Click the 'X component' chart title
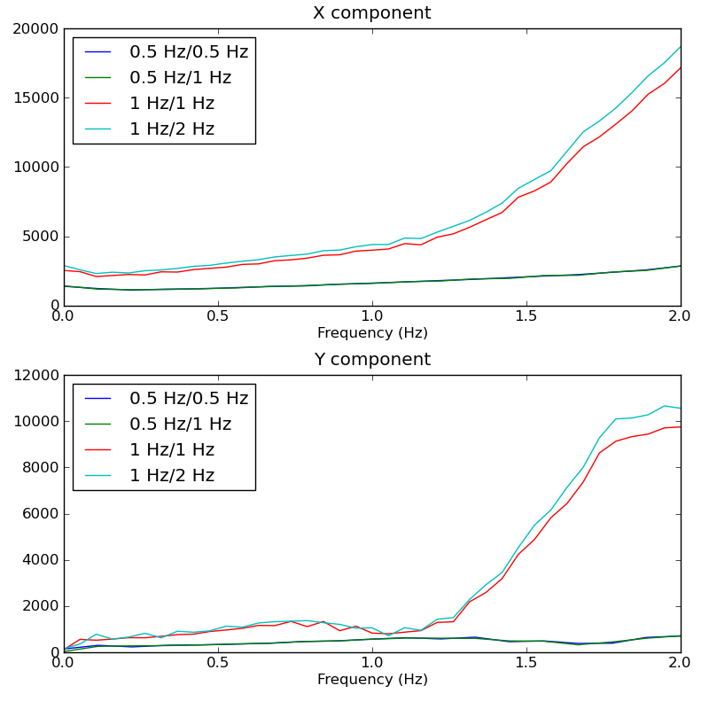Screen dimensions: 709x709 click(x=371, y=13)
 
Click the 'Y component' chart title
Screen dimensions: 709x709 click(x=371, y=360)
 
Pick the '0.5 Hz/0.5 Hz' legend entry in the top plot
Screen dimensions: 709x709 click(x=188, y=51)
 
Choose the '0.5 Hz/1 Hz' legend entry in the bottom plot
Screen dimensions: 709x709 click(x=180, y=424)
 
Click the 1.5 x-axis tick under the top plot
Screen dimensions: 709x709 click(x=526, y=316)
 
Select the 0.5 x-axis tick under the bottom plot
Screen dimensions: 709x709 click(x=217, y=663)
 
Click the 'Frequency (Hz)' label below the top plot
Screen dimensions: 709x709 click(x=371, y=333)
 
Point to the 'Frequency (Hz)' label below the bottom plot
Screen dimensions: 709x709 click(x=371, y=680)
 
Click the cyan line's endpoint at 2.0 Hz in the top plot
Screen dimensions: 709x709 click(x=681, y=46)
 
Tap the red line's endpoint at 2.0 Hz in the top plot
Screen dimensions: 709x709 click(x=681, y=67)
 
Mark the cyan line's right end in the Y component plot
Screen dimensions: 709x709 click(x=681, y=409)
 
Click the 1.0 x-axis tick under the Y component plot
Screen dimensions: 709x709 click(x=371, y=663)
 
